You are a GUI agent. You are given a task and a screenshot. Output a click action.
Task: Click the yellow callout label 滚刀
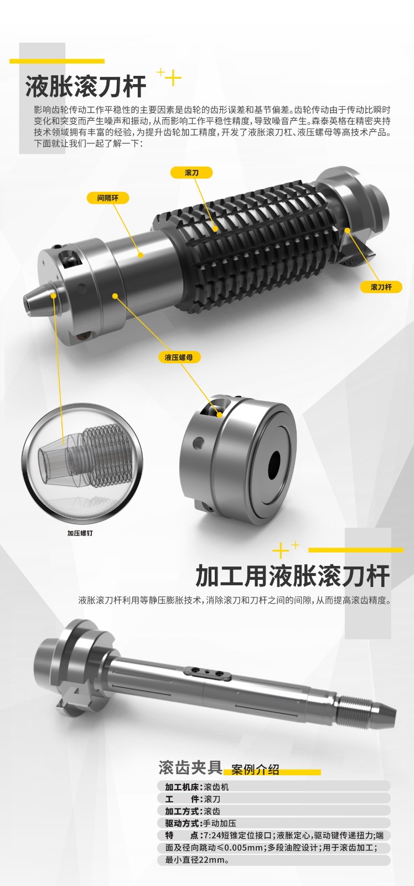click(192, 172)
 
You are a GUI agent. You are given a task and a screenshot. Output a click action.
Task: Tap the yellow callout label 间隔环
click(107, 198)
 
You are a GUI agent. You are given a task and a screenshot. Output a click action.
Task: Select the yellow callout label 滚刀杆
click(381, 287)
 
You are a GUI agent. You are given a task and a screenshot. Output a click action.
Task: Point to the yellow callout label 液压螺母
click(179, 357)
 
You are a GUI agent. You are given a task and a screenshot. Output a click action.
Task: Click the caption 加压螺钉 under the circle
click(80, 533)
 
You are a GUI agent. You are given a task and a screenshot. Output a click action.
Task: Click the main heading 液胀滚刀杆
click(86, 86)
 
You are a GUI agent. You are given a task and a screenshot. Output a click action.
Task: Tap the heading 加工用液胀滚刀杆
click(293, 576)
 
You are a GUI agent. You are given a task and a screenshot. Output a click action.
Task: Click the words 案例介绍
click(256, 769)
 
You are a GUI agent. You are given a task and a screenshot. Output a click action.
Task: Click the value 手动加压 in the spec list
click(220, 823)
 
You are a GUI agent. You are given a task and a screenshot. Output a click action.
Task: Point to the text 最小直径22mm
click(197, 861)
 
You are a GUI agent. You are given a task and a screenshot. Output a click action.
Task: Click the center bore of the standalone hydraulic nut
click(274, 465)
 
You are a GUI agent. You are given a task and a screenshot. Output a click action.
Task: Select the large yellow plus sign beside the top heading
click(173, 78)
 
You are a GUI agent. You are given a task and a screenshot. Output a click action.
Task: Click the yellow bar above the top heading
click(57, 61)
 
